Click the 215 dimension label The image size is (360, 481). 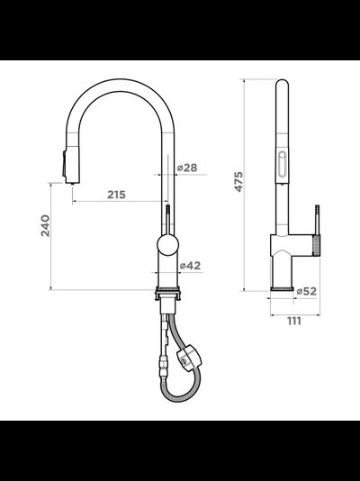click(x=116, y=195)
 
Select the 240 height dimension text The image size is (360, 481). click(x=45, y=225)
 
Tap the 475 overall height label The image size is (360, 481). click(x=238, y=182)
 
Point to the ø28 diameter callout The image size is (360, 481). click(x=187, y=168)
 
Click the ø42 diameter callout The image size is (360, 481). click(x=190, y=266)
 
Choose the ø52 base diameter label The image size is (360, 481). click(x=306, y=291)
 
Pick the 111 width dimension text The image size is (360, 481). click(x=294, y=322)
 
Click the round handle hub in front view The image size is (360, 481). click(x=167, y=245)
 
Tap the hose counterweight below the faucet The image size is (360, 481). click(x=189, y=358)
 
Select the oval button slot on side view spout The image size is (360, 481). click(x=282, y=163)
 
